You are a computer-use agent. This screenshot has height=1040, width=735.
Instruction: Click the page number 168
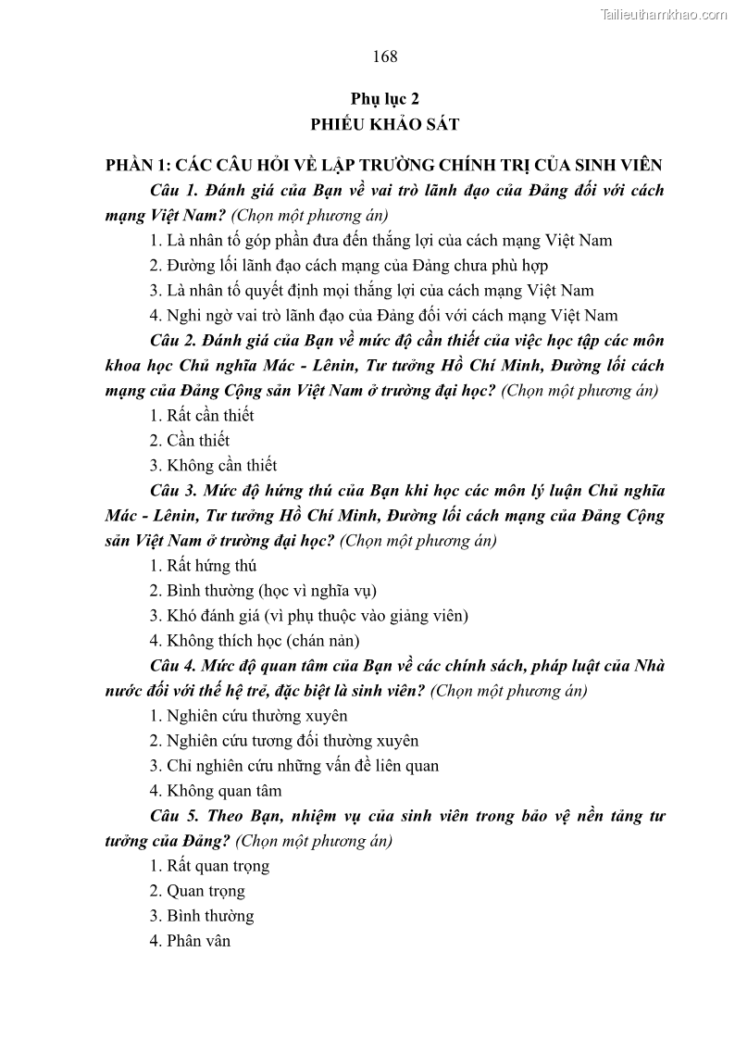tap(385, 56)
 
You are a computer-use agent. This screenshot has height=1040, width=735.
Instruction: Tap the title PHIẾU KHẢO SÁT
tap(385, 124)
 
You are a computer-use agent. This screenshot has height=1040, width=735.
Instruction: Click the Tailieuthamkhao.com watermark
tap(664, 14)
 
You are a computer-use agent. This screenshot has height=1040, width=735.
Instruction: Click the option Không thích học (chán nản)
tap(255, 640)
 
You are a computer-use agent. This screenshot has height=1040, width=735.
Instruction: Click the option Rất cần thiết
tap(202, 415)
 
